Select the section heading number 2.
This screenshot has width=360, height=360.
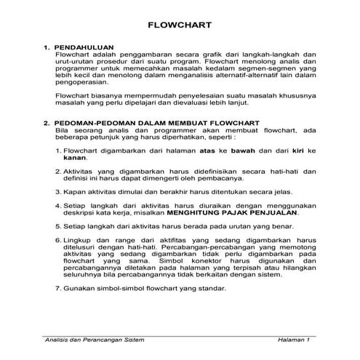click(x=47, y=124)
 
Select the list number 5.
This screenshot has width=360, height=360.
click(x=58, y=226)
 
